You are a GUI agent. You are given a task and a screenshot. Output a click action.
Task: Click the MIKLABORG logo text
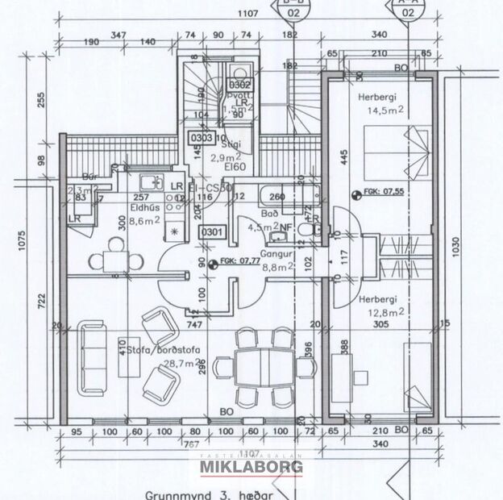click(x=251, y=468)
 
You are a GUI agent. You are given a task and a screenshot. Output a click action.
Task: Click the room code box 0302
click(x=239, y=83)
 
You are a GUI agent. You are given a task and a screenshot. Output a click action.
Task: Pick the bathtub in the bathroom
click(x=288, y=196)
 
